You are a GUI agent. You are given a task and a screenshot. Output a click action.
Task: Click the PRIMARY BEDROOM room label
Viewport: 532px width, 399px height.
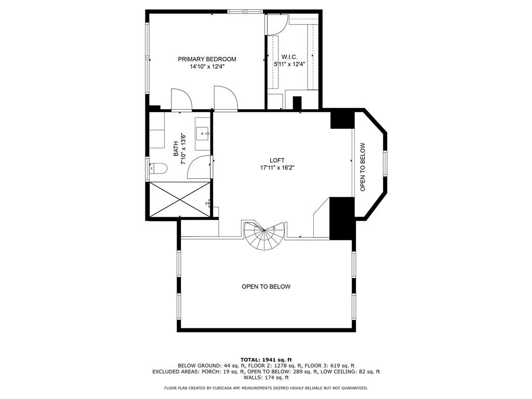tap(207, 59)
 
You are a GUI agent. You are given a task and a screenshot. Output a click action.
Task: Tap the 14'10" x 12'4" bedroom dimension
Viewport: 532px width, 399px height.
tap(207, 66)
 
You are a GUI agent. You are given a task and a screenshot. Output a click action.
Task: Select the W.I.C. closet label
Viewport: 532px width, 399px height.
tap(289, 57)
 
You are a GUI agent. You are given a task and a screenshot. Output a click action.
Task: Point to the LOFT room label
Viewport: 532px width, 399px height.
tap(277, 160)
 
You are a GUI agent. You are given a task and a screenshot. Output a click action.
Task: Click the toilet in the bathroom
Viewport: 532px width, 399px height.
tap(157, 168)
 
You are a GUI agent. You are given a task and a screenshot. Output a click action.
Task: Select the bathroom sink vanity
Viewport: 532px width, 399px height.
tap(202, 134)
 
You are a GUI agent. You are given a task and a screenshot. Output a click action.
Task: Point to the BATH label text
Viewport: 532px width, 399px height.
tap(176, 150)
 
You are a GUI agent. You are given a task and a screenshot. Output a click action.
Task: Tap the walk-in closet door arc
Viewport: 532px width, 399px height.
tap(276, 24)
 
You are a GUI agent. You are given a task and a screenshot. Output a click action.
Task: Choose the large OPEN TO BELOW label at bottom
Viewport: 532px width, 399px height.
tap(265, 287)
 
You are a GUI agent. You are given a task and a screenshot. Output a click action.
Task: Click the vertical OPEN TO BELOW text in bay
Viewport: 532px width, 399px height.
tap(363, 167)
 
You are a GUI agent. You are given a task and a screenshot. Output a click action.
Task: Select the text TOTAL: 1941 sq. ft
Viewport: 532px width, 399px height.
tap(266, 360)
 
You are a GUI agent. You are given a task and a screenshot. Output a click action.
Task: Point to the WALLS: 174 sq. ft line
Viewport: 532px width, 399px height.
tap(266, 378)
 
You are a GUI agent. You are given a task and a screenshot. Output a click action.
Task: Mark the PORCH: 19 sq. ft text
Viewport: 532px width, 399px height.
tap(215, 372)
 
